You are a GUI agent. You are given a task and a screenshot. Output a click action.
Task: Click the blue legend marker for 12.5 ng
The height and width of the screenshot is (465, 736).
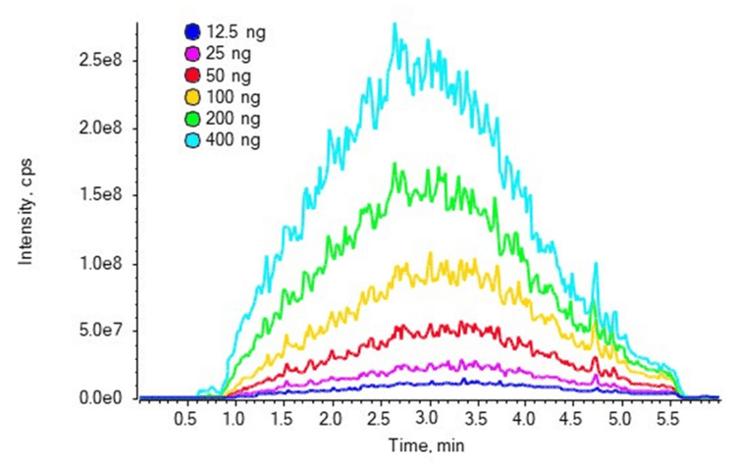(x=192, y=31)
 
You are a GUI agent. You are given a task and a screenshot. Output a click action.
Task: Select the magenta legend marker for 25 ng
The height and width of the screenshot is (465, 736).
(x=192, y=54)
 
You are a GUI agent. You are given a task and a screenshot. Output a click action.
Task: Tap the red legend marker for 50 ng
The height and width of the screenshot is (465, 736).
(x=192, y=76)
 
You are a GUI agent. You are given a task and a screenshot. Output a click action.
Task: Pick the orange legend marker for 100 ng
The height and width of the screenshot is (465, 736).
(x=192, y=98)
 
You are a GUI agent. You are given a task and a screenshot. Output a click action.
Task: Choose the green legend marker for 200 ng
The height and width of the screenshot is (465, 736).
(x=192, y=120)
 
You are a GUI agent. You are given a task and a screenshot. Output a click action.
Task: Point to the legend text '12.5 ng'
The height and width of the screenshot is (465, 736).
(x=238, y=31)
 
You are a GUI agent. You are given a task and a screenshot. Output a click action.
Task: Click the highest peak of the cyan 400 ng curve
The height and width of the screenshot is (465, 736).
(x=395, y=25)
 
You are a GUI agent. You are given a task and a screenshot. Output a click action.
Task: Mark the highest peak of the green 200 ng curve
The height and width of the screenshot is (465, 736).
(x=395, y=164)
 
